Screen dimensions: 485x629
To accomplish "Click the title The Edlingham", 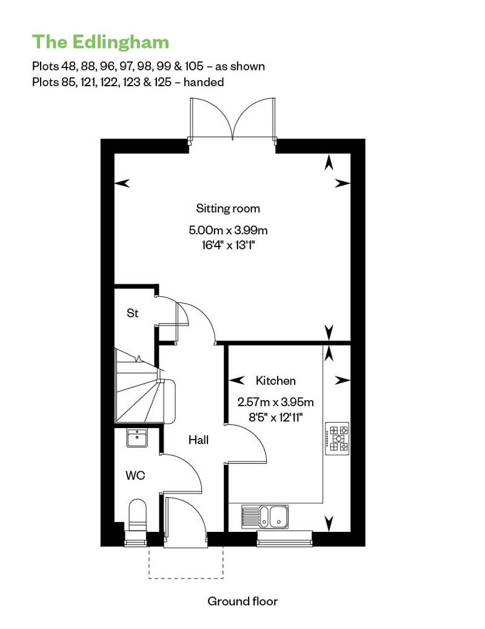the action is (101, 42).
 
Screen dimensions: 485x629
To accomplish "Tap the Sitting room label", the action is (228, 209).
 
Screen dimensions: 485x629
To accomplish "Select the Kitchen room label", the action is (276, 381).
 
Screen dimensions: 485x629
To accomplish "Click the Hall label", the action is (199, 440).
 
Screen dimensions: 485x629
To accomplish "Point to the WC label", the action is (135, 476).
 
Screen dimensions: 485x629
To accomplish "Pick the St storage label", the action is (133, 313).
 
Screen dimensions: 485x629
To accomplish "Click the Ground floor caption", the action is (242, 601).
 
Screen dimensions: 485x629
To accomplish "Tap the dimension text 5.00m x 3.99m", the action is (228, 230).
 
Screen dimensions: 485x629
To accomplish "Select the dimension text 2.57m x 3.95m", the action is (276, 402).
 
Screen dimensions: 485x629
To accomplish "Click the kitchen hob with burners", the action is (337, 438).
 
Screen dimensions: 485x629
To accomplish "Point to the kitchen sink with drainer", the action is (264, 516).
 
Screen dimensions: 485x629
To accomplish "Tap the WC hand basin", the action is (137, 438).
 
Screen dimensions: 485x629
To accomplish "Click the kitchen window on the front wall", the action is (284, 539).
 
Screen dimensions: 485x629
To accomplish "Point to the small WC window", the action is (136, 539).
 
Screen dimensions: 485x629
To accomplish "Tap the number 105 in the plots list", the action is (194, 66).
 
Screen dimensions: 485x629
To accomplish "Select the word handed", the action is (204, 82).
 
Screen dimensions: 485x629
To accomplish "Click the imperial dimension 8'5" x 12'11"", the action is (276, 418).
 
